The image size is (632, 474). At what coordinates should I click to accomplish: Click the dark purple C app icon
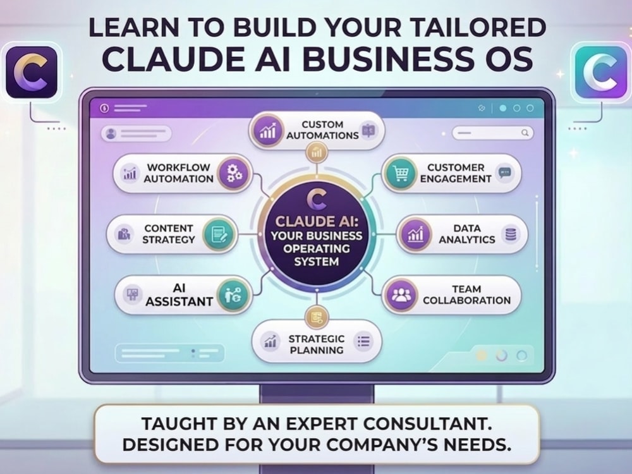coord(32,73)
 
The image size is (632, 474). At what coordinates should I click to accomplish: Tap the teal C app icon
coord(601,72)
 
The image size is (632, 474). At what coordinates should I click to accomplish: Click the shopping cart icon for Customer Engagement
coord(400,174)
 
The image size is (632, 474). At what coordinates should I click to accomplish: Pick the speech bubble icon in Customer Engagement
coord(504,173)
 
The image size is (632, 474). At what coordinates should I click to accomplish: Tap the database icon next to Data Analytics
coord(511,234)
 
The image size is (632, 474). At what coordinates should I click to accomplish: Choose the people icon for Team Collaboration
coord(400,295)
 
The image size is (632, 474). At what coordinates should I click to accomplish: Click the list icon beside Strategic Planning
coord(363,342)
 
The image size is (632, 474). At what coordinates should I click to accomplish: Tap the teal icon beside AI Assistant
coord(233,295)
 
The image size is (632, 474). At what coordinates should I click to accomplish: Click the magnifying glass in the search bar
coord(525,133)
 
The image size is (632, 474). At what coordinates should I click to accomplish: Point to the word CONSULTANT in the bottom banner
coord(427,424)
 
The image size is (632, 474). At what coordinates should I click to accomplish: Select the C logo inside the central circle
coord(317,198)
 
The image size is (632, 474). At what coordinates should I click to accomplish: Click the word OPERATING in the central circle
coord(317,248)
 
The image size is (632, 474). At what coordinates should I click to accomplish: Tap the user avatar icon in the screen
coord(111,133)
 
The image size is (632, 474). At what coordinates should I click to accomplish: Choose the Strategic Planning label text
coord(317,344)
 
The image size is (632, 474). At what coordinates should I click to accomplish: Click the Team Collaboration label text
coord(467,295)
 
